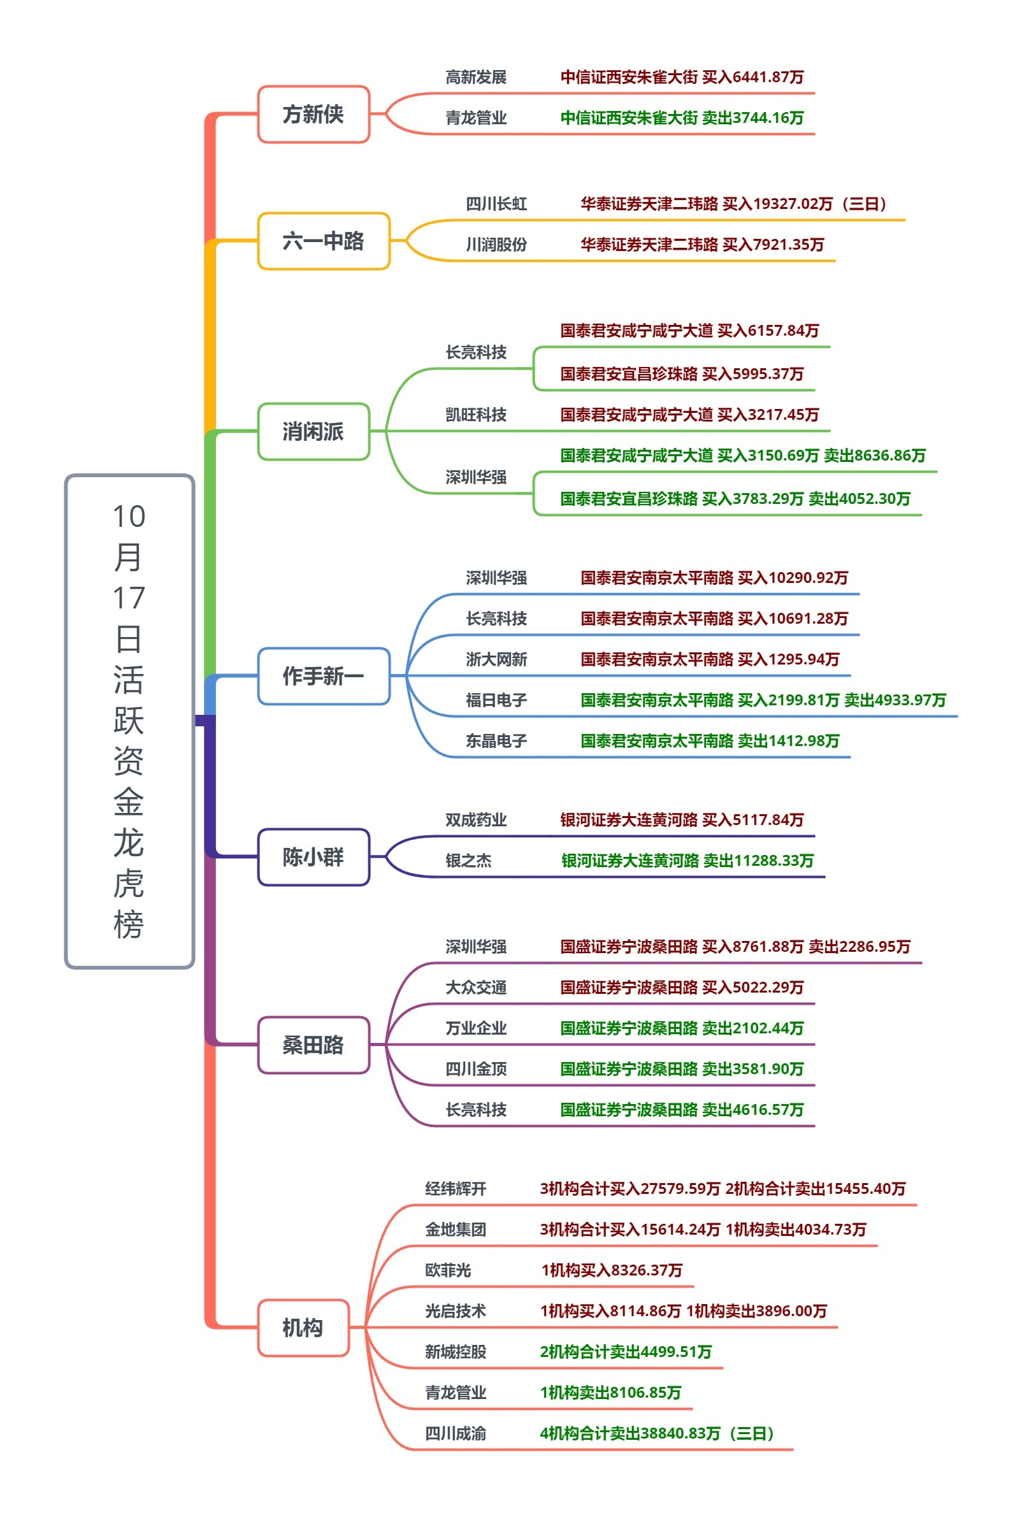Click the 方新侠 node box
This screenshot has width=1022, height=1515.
tap(313, 114)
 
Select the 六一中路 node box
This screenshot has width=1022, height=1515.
tap(323, 241)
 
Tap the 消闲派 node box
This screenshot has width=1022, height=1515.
tap(313, 431)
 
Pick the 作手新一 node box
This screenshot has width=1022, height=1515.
tap(323, 676)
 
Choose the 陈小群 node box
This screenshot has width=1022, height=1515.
tap(313, 857)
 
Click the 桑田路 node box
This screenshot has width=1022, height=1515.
tap(313, 1045)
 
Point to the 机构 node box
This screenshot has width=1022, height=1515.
tap(303, 1327)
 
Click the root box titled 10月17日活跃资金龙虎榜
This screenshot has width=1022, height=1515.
tap(129, 720)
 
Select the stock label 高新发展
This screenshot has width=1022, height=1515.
tap(476, 78)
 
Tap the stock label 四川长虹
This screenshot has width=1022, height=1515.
tap(496, 204)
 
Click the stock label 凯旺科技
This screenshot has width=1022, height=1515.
tap(476, 414)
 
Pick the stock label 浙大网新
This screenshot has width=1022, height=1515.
tap(496, 659)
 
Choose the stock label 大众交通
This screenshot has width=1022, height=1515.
tap(476, 987)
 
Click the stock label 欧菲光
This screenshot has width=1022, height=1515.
tap(448, 1270)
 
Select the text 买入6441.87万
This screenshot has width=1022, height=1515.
tap(753, 78)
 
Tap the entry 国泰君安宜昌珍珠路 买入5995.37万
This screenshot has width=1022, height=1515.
tap(682, 373)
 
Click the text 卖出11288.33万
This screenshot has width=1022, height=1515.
tap(759, 861)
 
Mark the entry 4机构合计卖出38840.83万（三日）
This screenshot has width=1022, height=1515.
tap(657, 1433)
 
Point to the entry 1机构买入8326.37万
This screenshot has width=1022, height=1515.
tap(612, 1270)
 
